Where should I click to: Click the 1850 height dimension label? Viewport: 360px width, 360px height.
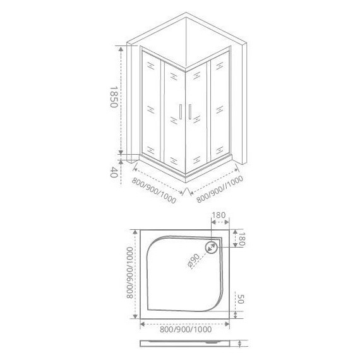(x=114, y=97)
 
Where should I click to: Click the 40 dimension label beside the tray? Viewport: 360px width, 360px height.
(x=114, y=172)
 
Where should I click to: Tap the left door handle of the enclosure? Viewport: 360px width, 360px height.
(x=181, y=112)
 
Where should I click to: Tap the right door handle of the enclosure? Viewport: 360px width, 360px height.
(x=190, y=112)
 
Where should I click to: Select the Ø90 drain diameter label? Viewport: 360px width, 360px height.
(x=193, y=261)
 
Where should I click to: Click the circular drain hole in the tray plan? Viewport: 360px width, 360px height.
(x=211, y=248)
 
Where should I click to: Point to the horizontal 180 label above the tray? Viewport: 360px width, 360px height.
(x=219, y=215)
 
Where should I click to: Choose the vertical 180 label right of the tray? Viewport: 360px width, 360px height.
(x=243, y=239)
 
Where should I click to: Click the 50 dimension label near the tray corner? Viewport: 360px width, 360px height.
(x=240, y=299)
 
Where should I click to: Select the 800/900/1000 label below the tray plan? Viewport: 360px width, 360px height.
(x=186, y=330)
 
